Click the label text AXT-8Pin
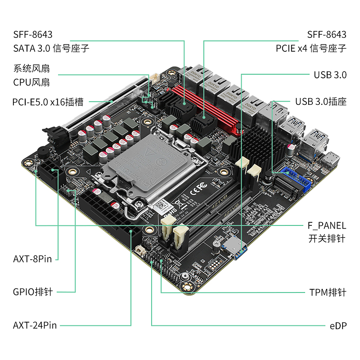click(32, 259)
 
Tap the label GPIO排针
click(33, 292)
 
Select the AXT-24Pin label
click(35, 325)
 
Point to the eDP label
click(338, 325)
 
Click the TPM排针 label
click(328, 292)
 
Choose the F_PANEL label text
click(327, 225)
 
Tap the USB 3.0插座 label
click(321, 101)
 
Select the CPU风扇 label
click(31, 82)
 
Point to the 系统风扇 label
click(31, 69)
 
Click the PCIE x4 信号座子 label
click(311, 48)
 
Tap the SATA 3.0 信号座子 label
click(51, 48)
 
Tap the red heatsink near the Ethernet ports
click(211, 108)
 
